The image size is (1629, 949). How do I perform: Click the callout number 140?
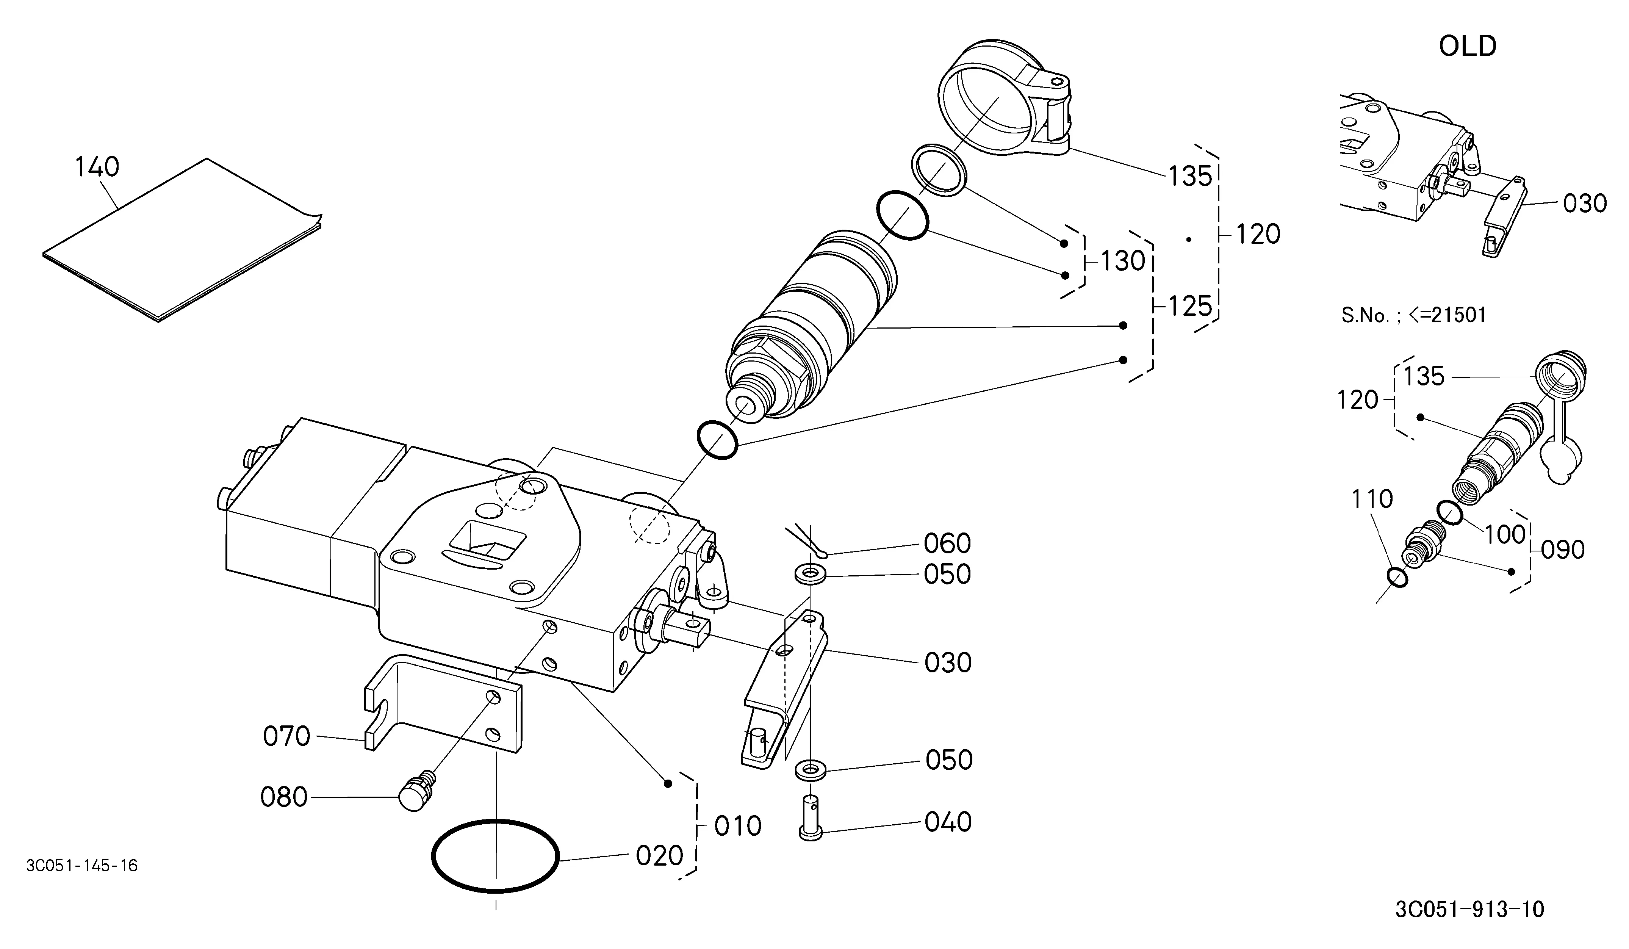pos(97,168)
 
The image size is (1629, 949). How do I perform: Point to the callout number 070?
pos(286,736)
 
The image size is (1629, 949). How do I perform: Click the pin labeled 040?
pos(810,818)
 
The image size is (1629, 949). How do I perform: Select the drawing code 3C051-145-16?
pos(82,866)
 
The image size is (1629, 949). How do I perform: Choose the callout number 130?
pos(1123,261)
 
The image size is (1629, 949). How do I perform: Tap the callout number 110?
pos(1372,499)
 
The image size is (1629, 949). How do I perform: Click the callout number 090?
pos(1563,550)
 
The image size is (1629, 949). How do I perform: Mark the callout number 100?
pos(1505,535)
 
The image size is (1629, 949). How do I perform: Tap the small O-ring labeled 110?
pos(1397,577)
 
